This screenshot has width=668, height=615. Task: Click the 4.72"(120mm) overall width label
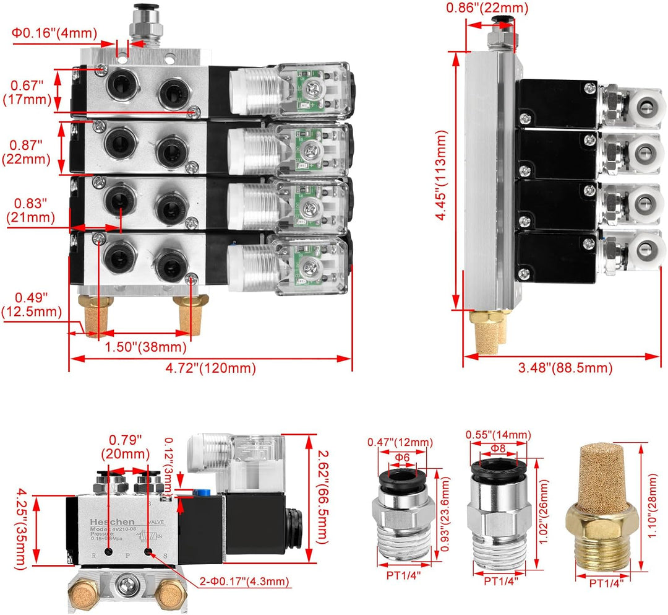[210, 369]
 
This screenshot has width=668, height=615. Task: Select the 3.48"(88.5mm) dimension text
[565, 368]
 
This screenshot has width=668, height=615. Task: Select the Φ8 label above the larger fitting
[497, 447]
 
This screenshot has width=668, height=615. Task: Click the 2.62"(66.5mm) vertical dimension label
[319, 489]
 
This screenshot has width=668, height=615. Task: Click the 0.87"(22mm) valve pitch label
[28, 152]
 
